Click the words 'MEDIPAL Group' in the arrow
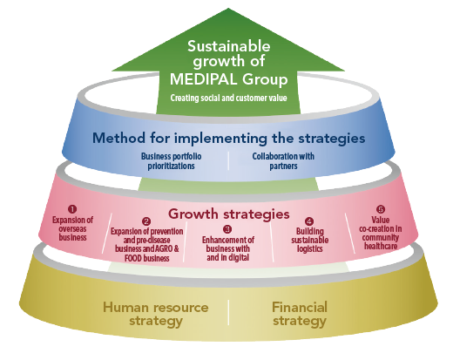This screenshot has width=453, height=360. (228, 79)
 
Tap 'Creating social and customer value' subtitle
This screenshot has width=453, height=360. (228, 98)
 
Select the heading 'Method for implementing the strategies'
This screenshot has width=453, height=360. (228, 138)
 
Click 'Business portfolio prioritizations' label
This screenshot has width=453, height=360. (171, 161)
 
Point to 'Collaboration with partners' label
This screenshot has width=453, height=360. (283, 161)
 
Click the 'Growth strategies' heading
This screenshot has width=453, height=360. (228, 214)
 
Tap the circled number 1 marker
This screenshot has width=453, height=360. (72, 209)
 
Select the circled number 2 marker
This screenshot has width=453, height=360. (146, 221)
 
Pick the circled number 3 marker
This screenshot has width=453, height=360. (227, 229)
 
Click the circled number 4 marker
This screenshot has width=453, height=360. (309, 221)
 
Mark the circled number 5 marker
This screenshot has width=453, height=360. (381, 209)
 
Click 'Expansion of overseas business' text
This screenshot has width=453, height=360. (72, 228)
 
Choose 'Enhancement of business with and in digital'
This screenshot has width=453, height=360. (228, 248)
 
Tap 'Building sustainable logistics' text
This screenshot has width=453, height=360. (310, 240)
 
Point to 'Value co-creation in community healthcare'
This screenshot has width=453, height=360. (381, 233)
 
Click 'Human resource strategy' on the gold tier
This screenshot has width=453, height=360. (156, 314)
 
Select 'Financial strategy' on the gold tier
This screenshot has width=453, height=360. (300, 314)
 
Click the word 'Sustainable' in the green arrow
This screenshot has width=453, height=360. (229, 46)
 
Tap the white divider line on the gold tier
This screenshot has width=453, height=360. (228, 312)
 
